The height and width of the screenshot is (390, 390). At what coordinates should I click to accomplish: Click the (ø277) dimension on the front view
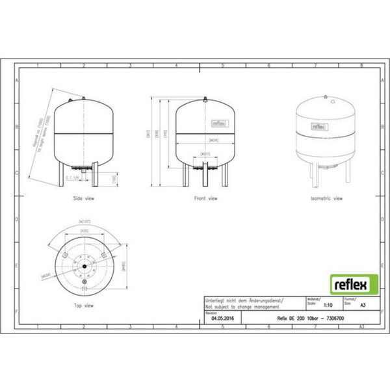(x=205, y=155)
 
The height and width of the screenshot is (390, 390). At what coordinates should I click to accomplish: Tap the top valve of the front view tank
(x=205, y=99)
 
